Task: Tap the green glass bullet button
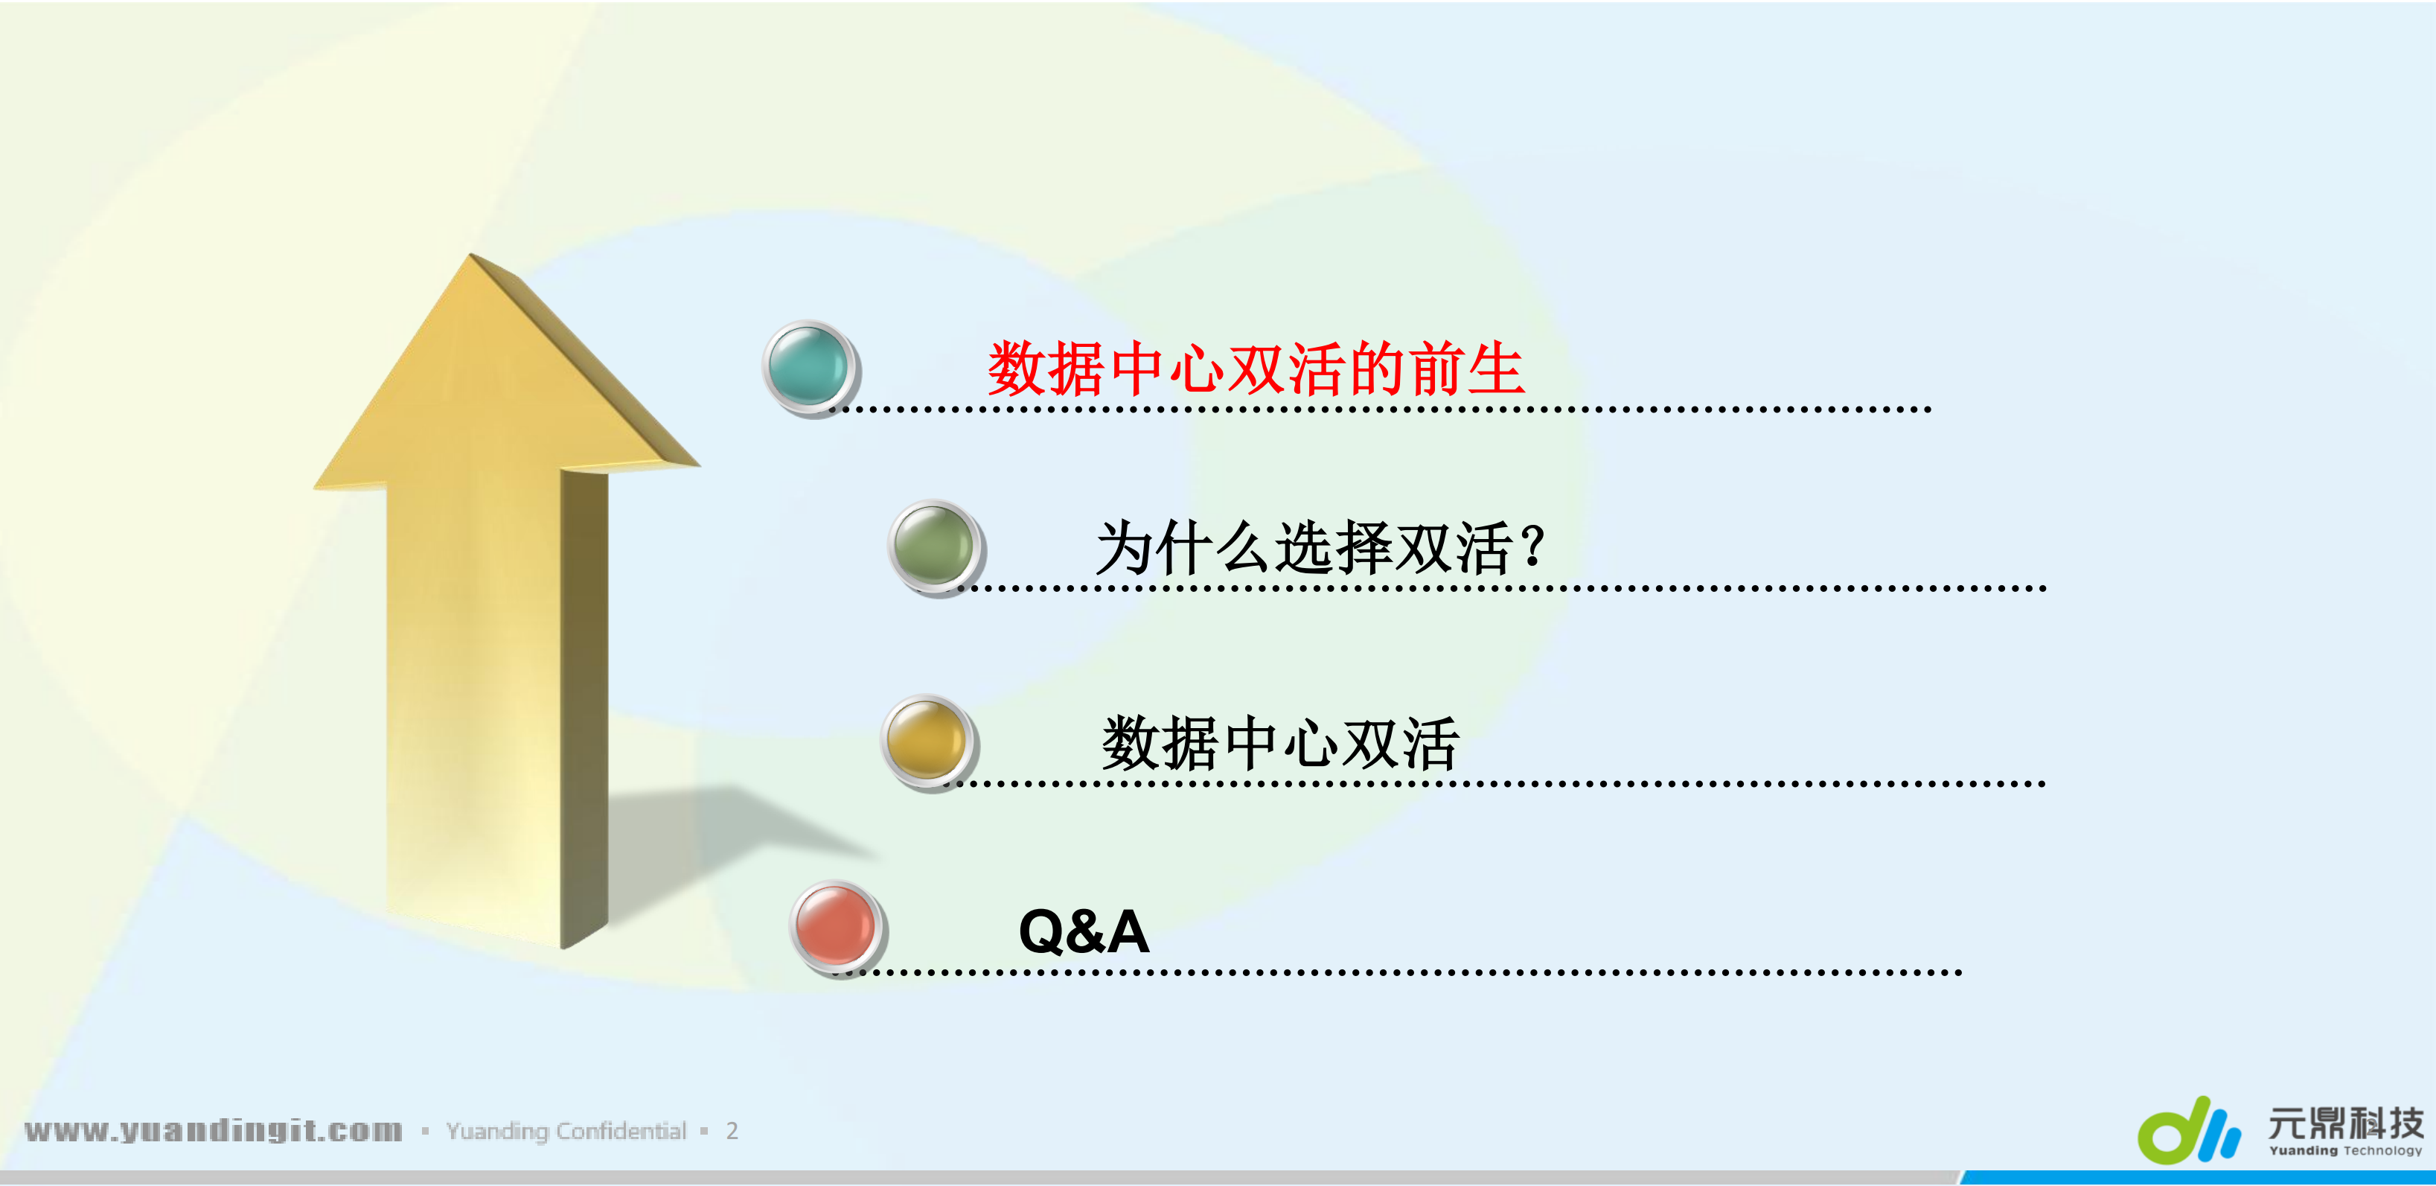pos(934,546)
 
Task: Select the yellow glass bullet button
pos(927,741)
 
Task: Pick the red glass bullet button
pos(836,926)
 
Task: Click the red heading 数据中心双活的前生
pos(1255,369)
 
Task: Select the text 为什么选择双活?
pos(1319,549)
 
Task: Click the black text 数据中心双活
pos(1279,743)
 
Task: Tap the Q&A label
pos(1084,931)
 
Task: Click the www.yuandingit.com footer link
pos(214,1130)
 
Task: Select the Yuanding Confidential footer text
pos(566,1131)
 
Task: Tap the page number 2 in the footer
pos(732,1131)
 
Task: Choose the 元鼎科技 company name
pos(2344,1123)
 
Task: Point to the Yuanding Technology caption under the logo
pos(2344,1151)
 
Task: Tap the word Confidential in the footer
pos(620,1131)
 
